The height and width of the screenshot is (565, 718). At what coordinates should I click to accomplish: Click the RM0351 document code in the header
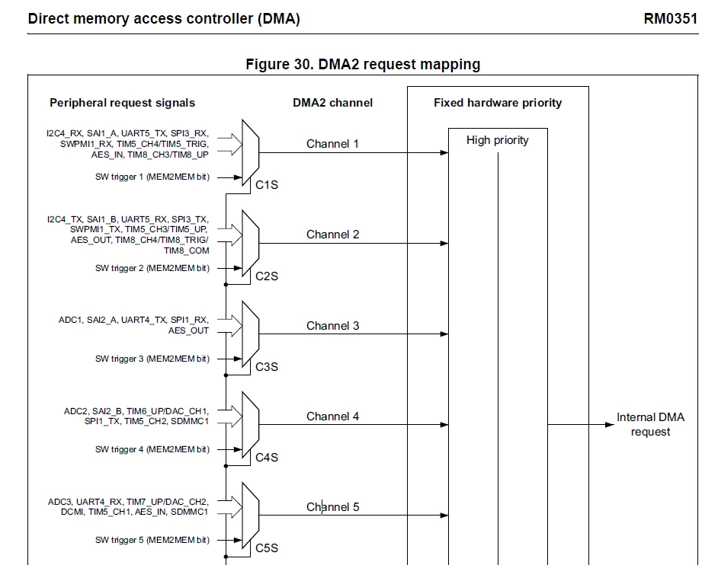pyautogui.click(x=671, y=19)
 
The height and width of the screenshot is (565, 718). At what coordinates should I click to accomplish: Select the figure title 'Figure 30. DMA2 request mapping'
pyautogui.click(x=363, y=64)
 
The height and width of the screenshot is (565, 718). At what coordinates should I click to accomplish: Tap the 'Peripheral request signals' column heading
pyautogui.click(x=122, y=103)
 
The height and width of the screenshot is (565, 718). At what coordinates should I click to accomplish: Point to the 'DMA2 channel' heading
pyautogui.click(x=332, y=103)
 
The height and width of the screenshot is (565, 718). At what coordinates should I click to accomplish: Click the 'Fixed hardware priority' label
pyautogui.click(x=498, y=103)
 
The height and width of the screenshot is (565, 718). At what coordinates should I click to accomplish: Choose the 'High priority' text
pyautogui.click(x=497, y=140)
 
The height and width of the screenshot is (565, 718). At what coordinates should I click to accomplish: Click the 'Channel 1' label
pyautogui.click(x=332, y=144)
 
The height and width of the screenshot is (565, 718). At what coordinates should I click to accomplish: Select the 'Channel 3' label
pyautogui.click(x=332, y=326)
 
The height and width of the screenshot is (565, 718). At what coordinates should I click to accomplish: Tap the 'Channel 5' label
pyautogui.click(x=332, y=507)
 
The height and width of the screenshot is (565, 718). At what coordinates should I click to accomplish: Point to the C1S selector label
pyautogui.click(x=267, y=185)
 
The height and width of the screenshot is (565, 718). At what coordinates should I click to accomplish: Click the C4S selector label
pyautogui.click(x=267, y=458)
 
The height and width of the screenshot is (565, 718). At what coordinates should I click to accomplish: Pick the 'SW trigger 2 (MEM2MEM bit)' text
pyautogui.click(x=152, y=268)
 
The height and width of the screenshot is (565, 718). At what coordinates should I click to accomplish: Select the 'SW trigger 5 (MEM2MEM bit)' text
pyautogui.click(x=152, y=540)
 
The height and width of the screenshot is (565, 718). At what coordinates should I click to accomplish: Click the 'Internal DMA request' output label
pyautogui.click(x=650, y=425)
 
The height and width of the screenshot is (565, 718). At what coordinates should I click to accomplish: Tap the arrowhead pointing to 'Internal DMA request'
pyautogui.click(x=610, y=425)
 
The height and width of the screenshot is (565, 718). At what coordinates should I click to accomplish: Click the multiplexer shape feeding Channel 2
pyautogui.click(x=251, y=243)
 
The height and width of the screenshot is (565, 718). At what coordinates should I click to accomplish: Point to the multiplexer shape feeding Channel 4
pyautogui.click(x=251, y=425)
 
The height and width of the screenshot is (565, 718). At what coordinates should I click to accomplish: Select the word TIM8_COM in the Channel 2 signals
pyautogui.click(x=187, y=251)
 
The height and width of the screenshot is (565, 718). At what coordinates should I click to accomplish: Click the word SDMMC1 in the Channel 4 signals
pyautogui.click(x=190, y=421)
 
